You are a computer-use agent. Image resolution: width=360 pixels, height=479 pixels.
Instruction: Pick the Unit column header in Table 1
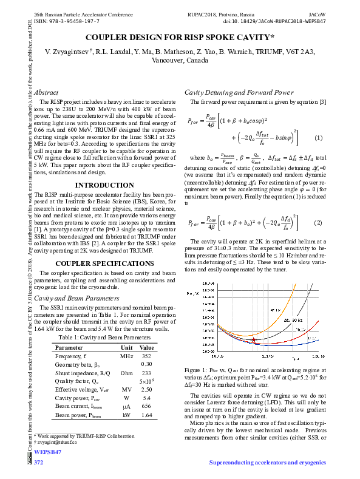pyautogui.click(x=126, y=347)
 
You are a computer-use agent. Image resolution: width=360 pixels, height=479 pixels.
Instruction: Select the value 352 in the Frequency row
pyautogui.click(x=146, y=356)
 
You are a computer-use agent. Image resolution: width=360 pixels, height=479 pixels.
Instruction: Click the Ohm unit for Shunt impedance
pyautogui.click(x=126, y=373)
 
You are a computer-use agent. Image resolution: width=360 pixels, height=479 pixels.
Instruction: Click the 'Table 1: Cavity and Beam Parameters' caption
pyautogui.click(x=104, y=337)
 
